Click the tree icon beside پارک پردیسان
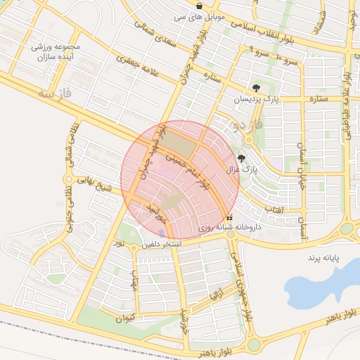pyautogui.click(x=256, y=89)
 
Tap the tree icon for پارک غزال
pyautogui.click(x=243, y=159)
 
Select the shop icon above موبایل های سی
pyautogui.click(x=200, y=5)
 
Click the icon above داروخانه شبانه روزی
pyautogui.click(x=229, y=218)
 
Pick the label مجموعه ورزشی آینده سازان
pyautogui.click(x=57, y=51)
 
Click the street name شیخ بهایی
pyautogui.click(x=95, y=188)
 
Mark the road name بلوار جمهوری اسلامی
pyautogui.click(x=238, y=281)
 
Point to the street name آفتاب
pyautogui.click(x=274, y=209)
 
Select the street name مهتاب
pyautogui.click(x=134, y=282)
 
